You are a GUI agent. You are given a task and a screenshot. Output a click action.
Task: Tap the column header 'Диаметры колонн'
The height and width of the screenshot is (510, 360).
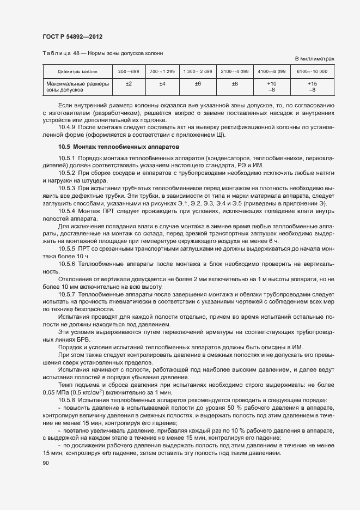(x=77, y=71)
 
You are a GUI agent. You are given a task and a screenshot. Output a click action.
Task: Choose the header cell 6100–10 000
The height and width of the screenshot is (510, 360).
(x=312, y=71)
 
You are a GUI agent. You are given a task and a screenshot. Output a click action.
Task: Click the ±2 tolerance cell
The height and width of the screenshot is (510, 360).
(x=129, y=83)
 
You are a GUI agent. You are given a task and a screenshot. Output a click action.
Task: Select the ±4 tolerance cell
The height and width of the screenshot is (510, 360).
(x=162, y=83)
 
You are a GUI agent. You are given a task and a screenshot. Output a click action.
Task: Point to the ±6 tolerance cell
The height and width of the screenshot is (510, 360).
(x=198, y=83)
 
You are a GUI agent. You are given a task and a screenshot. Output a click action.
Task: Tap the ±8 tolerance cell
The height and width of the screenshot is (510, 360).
(x=235, y=83)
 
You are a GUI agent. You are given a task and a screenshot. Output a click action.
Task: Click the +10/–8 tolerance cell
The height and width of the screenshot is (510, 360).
(x=272, y=86)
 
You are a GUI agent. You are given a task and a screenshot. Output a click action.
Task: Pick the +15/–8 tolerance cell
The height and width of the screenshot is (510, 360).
(x=312, y=86)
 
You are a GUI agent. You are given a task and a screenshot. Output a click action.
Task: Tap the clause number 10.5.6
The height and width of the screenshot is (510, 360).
(x=68, y=264)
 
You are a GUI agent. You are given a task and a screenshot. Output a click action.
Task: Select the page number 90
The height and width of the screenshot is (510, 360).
(x=45, y=463)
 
